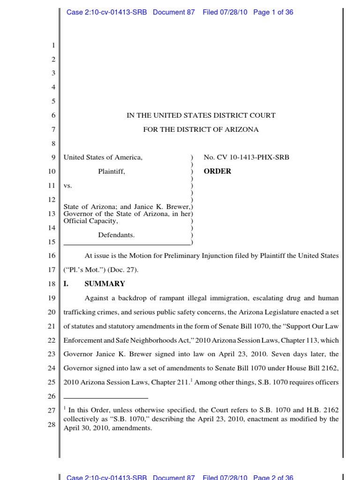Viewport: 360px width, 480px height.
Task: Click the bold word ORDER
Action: (217, 172)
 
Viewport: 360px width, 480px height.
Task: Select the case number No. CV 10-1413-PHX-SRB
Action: (246, 157)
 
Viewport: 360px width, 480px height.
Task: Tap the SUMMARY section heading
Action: (105, 284)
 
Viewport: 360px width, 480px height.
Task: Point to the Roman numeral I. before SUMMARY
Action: (66, 284)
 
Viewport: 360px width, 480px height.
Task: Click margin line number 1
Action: (53, 45)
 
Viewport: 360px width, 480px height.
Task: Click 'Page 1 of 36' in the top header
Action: (273, 13)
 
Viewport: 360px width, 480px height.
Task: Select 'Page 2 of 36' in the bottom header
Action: (273, 477)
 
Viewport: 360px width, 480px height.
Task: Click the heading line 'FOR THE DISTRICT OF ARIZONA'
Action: (201, 129)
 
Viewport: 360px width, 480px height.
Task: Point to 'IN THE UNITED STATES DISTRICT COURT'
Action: (201, 115)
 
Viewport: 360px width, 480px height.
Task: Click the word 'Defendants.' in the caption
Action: (116, 235)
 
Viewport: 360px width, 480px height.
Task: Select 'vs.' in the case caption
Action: (67, 186)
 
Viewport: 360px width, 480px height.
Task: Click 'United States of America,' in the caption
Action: (103, 157)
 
